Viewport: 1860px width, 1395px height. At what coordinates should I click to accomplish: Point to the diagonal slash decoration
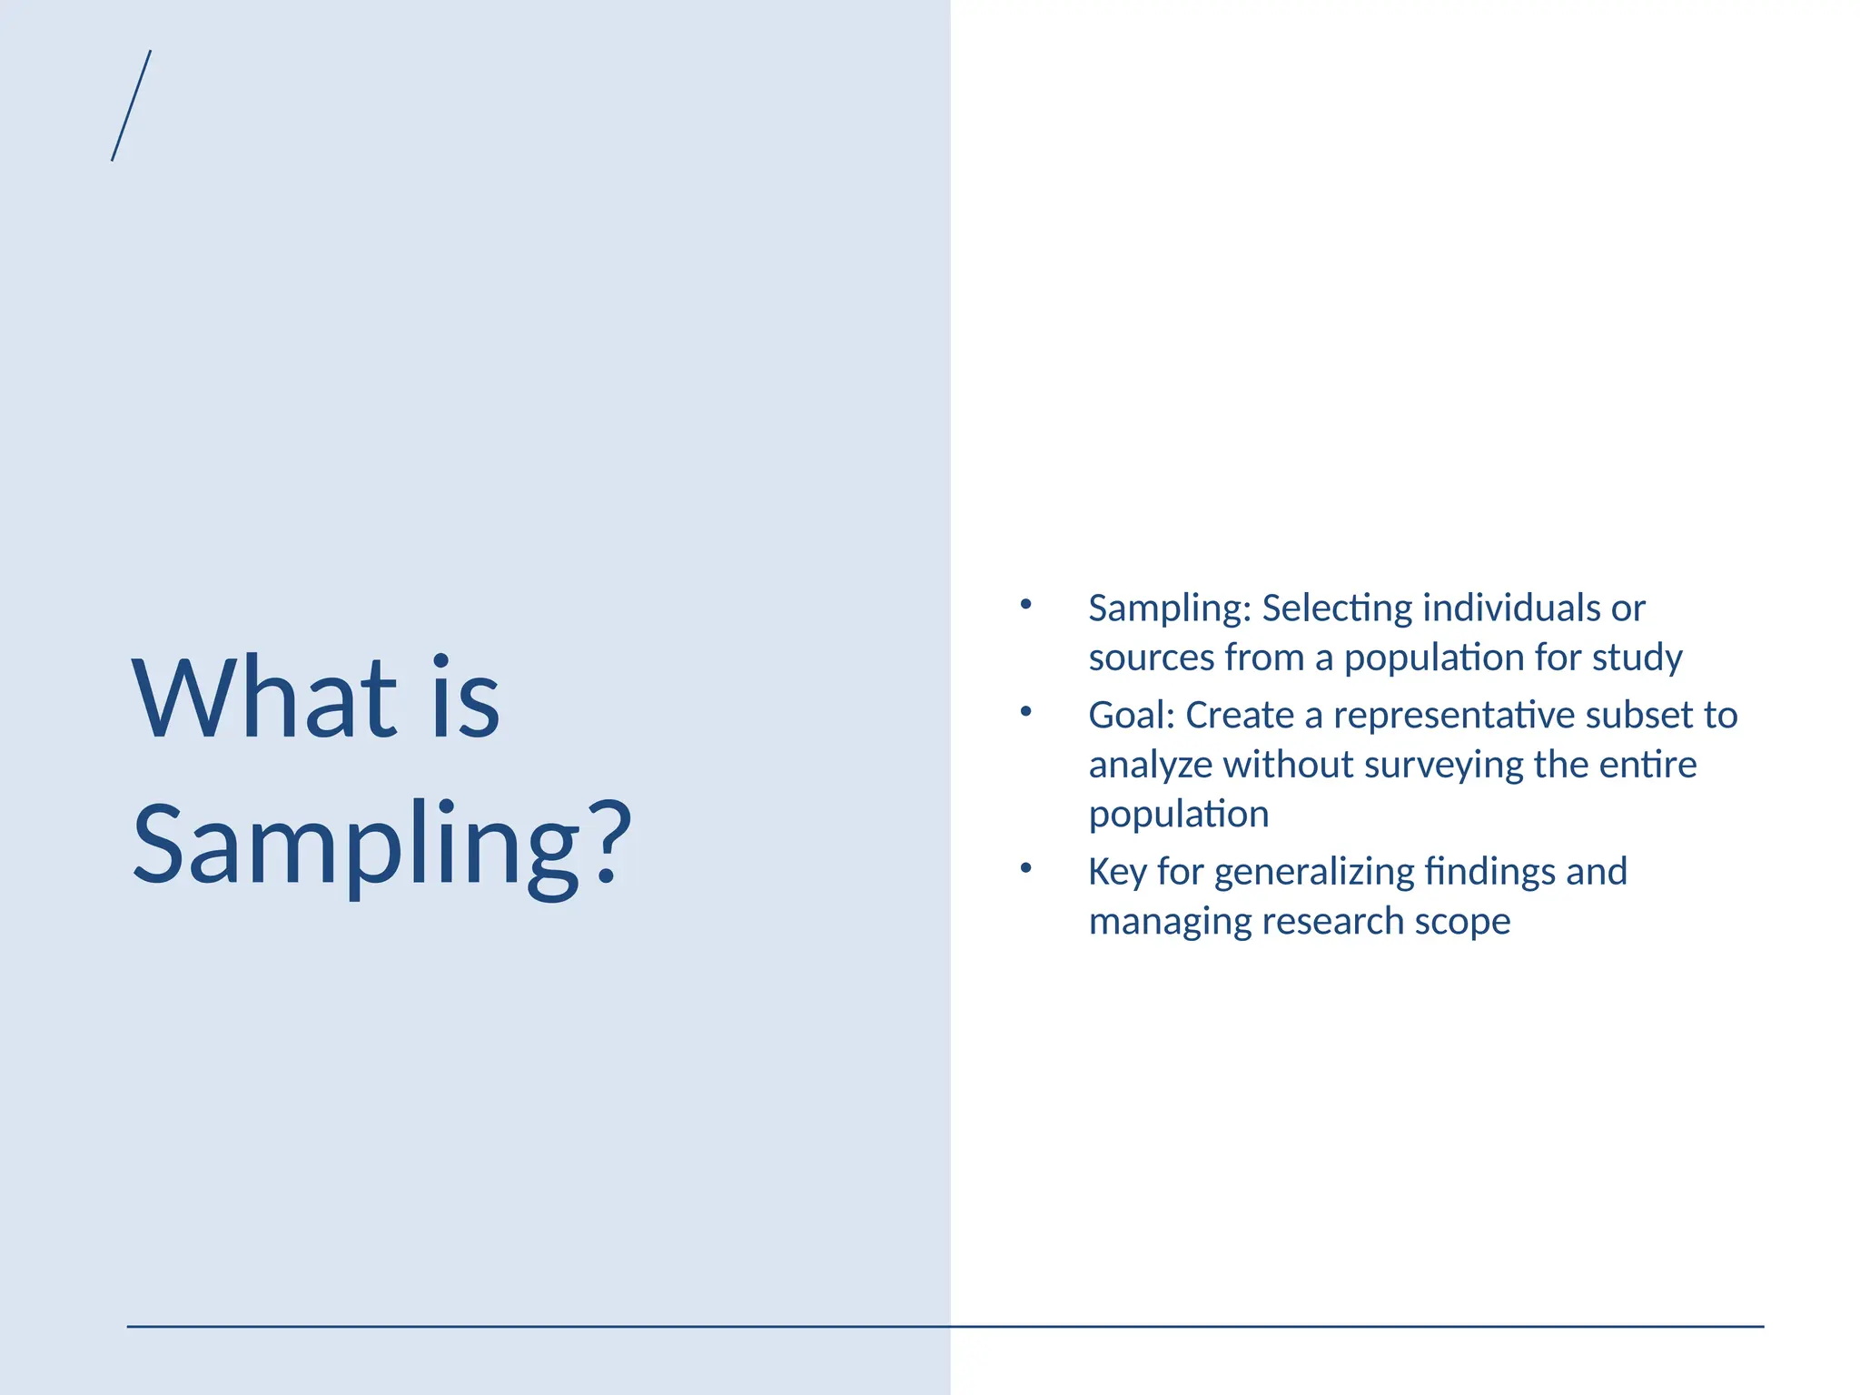[132, 105]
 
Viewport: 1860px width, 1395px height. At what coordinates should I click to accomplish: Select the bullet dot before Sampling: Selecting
[1025, 604]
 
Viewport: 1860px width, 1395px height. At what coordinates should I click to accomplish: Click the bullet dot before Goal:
[1025, 711]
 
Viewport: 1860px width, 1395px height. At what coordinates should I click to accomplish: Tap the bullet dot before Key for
[1025, 867]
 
